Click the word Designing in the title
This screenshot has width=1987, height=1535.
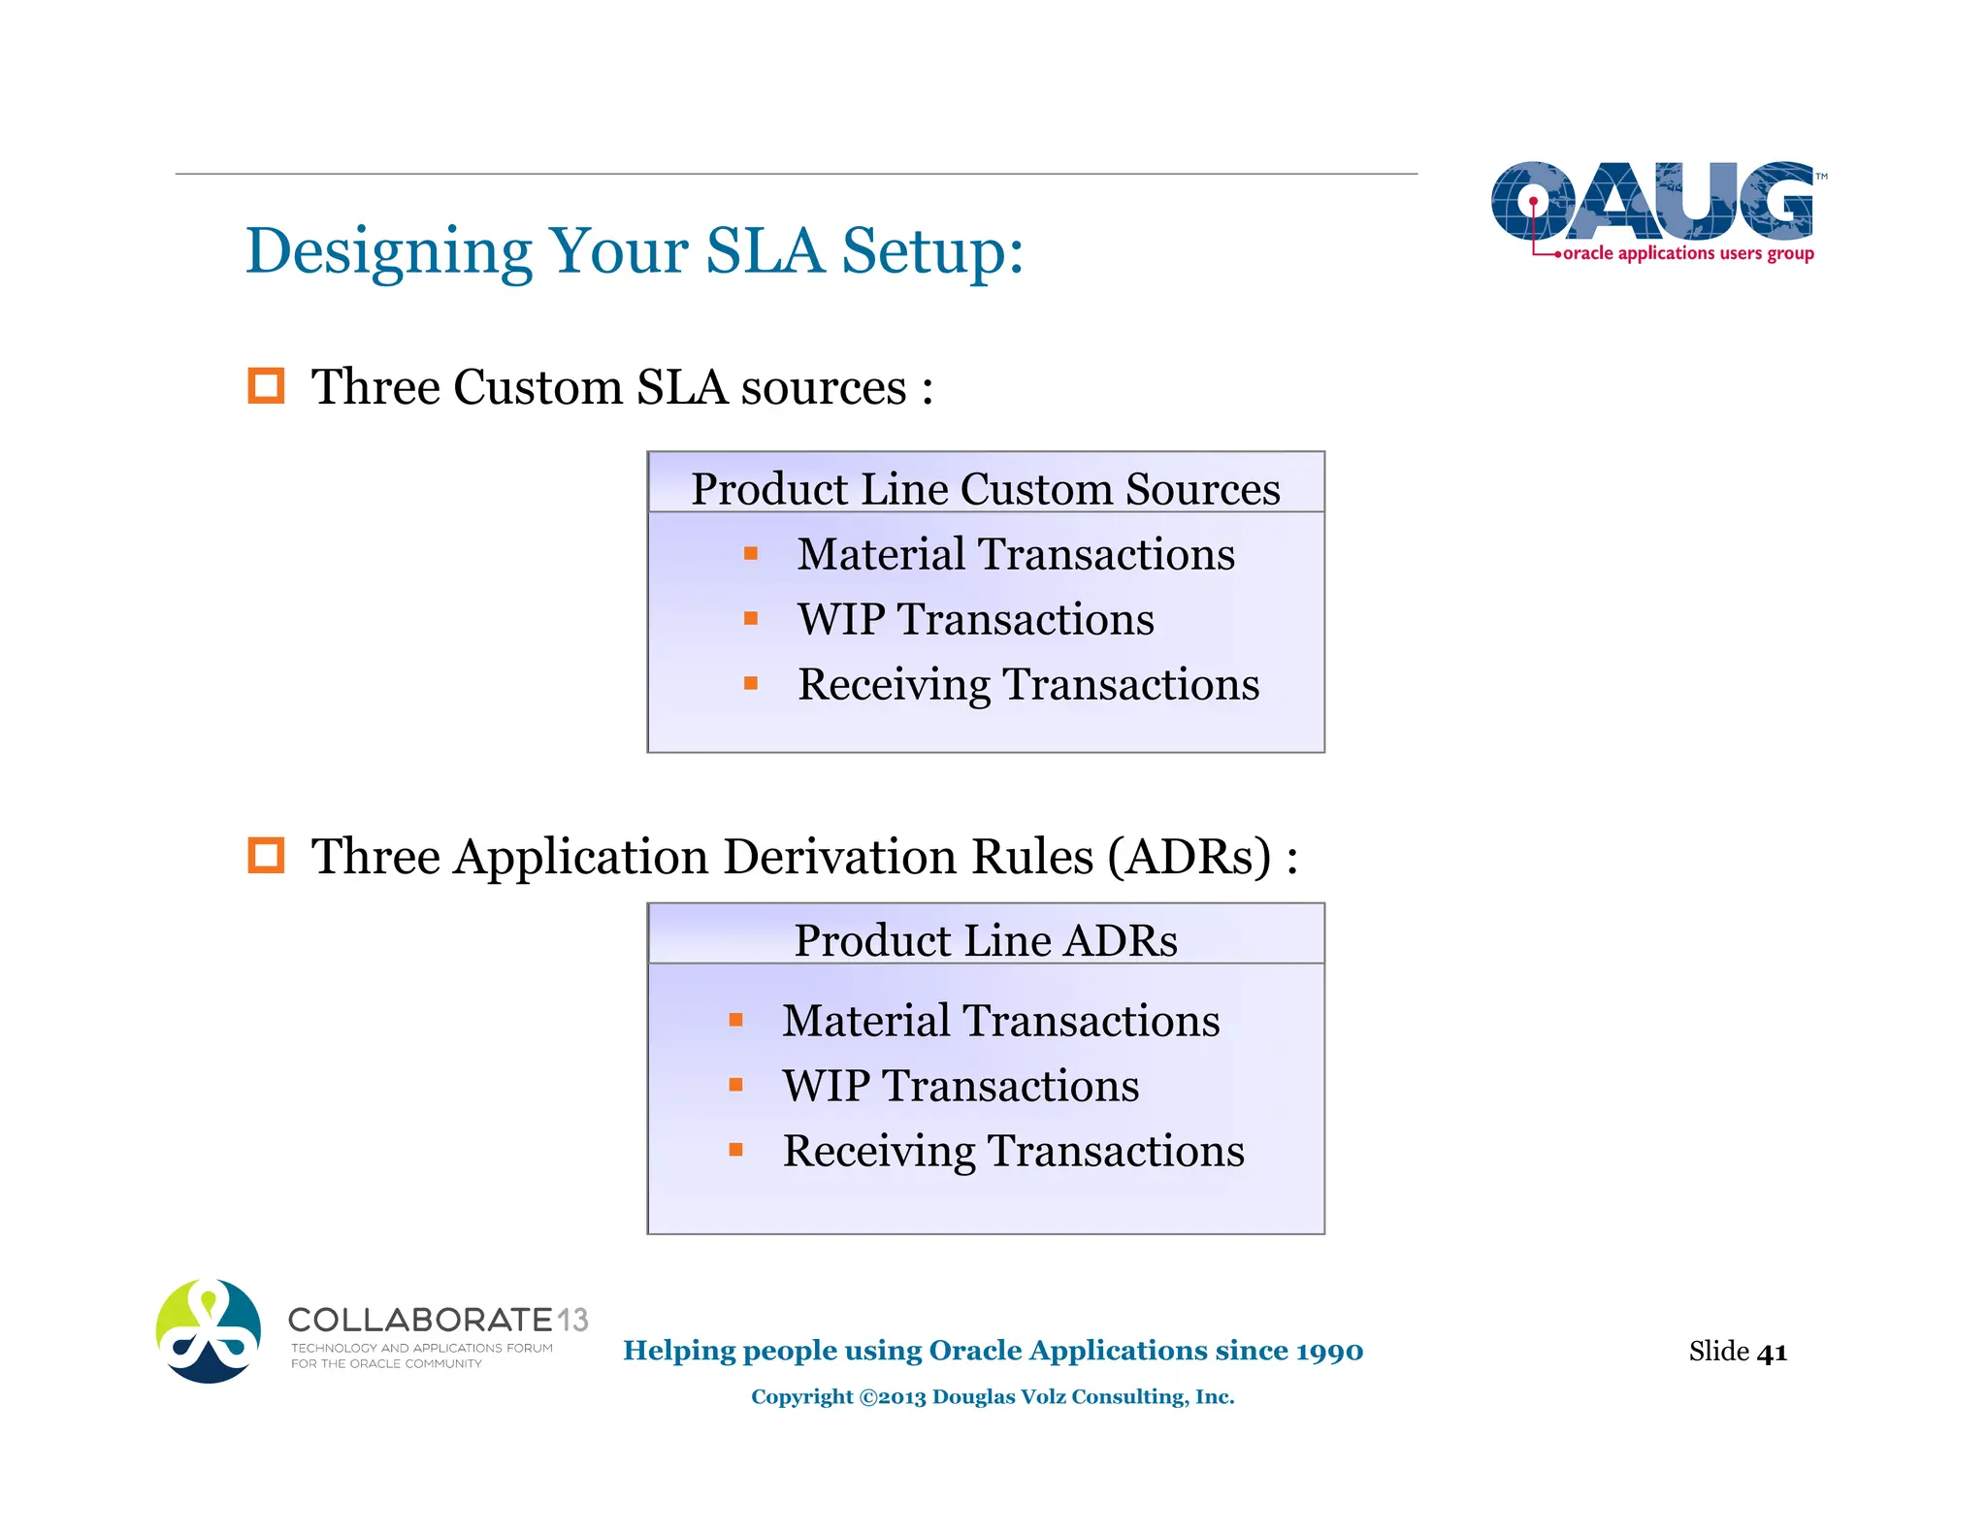tap(388, 252)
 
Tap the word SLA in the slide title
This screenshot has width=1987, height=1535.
tap(765, 250)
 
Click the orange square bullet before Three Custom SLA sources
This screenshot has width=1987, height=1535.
tap(266, 386)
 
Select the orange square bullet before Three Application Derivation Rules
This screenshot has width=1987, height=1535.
tap(266, 856)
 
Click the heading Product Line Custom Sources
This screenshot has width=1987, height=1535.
tap(985, 488)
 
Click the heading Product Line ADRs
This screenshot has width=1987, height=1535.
tap(985, 940)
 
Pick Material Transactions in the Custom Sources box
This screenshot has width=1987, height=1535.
tap(1015, 554)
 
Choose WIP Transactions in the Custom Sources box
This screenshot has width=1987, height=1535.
tap(975, 619)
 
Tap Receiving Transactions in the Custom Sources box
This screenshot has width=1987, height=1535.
tap(1027, 684)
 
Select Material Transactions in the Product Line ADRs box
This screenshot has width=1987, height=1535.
tap(1000, 1021)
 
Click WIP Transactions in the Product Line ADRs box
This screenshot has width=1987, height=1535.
tap(961, 1086)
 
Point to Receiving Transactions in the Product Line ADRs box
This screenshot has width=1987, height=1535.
tap(1013, 1151)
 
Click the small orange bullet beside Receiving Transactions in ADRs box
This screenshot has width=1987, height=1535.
tap(735, 1151)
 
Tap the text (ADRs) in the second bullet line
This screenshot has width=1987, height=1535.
tap(1189, 857)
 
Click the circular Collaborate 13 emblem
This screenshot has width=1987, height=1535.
tap(209, 1331)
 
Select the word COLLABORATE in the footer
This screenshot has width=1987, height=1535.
tap(420, 1320)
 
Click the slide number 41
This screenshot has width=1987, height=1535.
tap(1772, 1352)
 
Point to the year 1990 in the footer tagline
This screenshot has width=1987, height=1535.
tap(1328, 1351)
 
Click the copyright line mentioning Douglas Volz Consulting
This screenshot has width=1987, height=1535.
tap(992, 1396)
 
